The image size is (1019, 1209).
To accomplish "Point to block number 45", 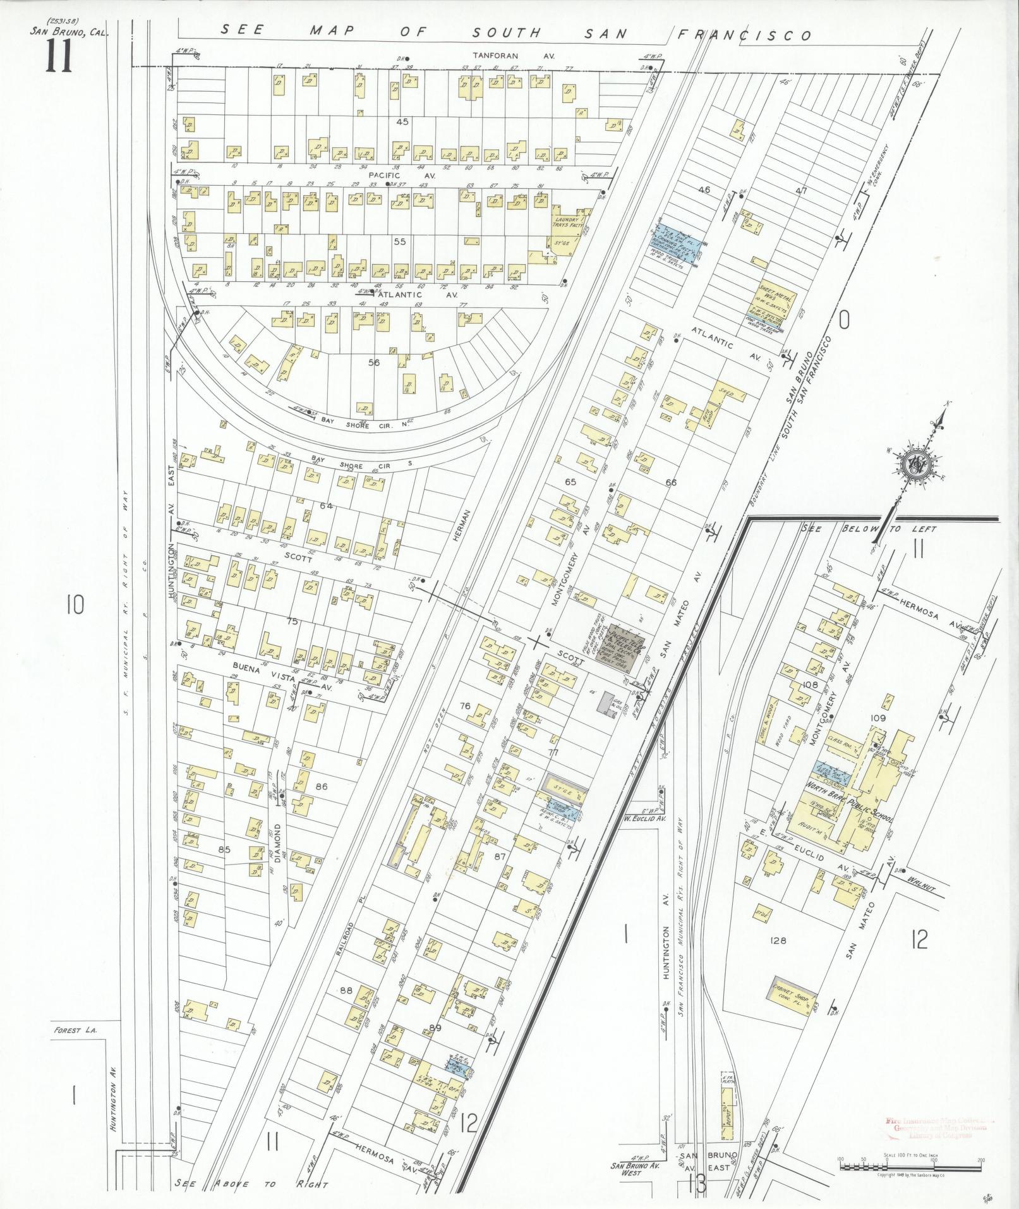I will tap(402, 121).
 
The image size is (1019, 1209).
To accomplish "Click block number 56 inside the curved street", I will tap(375, 362).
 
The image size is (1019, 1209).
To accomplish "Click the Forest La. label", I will tap(67, 1031).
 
